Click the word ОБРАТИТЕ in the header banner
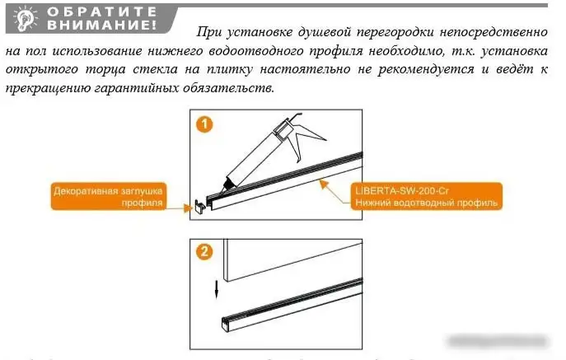pos(103,12)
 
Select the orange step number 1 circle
pos(206,125)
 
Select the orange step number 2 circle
pos(206,252)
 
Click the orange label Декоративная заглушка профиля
pos(110,195)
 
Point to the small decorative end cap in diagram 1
pos(199,207)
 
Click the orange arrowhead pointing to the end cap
pos(187,208)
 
